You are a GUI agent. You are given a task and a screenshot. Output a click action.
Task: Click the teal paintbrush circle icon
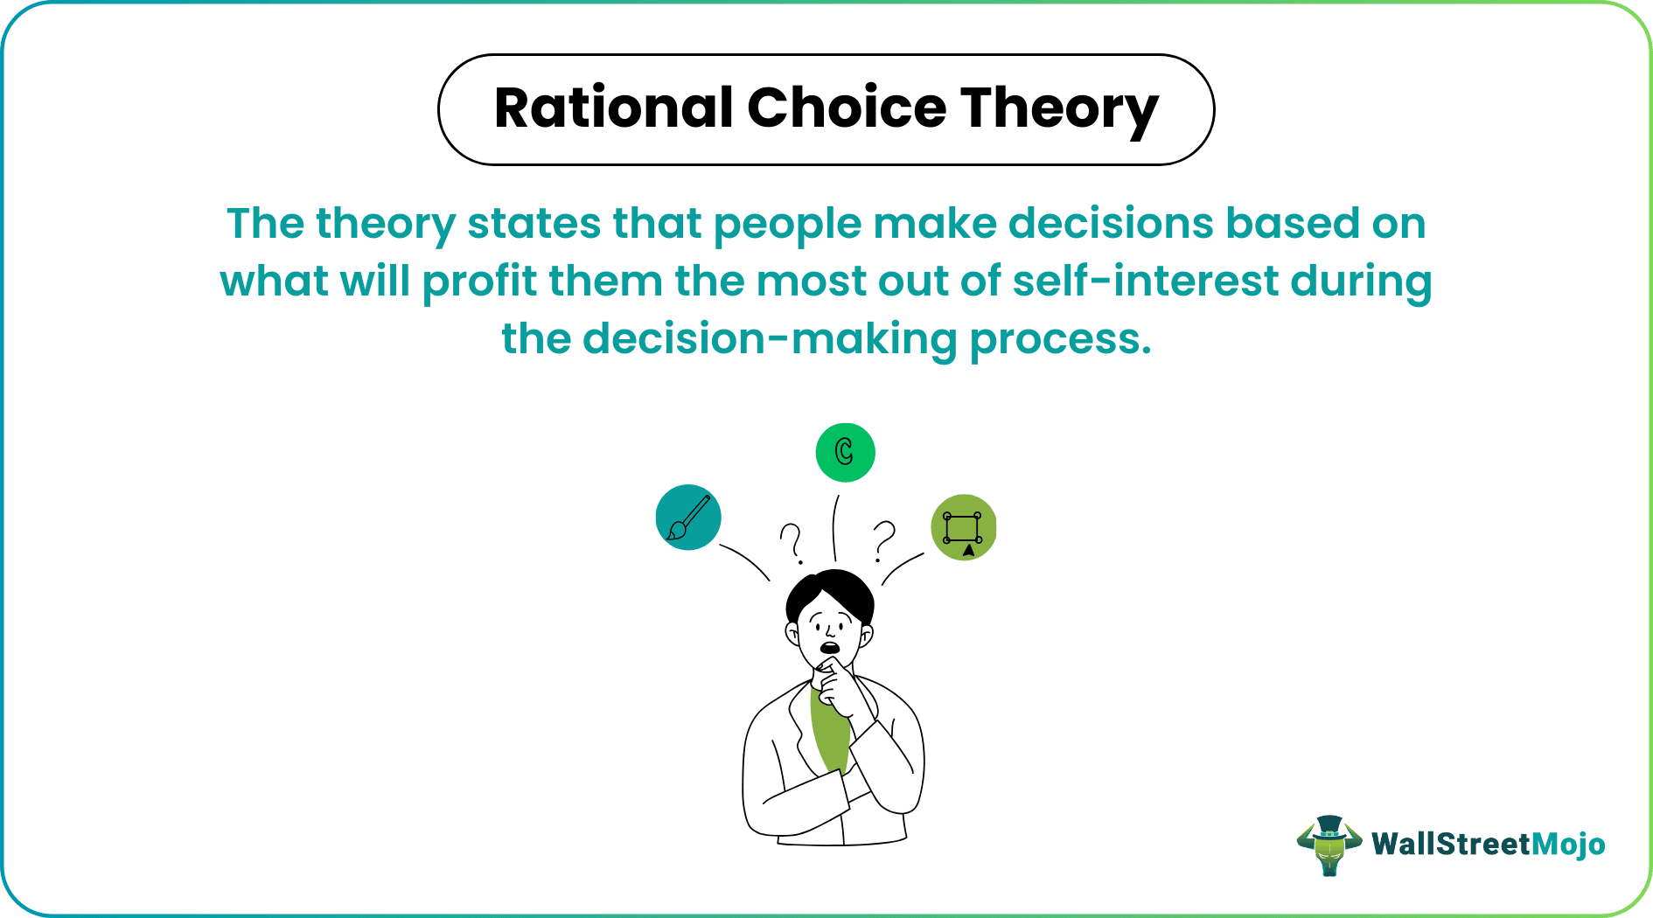(x=688, y=518)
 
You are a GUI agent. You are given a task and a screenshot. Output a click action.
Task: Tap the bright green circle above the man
(x=845, y=452)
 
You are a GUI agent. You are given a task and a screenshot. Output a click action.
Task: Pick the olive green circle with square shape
(x=964, y=527)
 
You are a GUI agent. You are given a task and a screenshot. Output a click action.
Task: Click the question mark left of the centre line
(x=792, y=543)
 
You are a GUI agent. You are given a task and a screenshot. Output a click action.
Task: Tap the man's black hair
(x=831, y=595)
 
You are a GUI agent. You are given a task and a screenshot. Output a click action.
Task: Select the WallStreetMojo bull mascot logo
(x=1329, y=845)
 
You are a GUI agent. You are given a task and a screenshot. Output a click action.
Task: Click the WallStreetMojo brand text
(x=1488, y=844)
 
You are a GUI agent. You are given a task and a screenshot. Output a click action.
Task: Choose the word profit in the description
(x=480, y=282)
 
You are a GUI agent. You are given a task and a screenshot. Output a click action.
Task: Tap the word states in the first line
(x=534, y=223)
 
